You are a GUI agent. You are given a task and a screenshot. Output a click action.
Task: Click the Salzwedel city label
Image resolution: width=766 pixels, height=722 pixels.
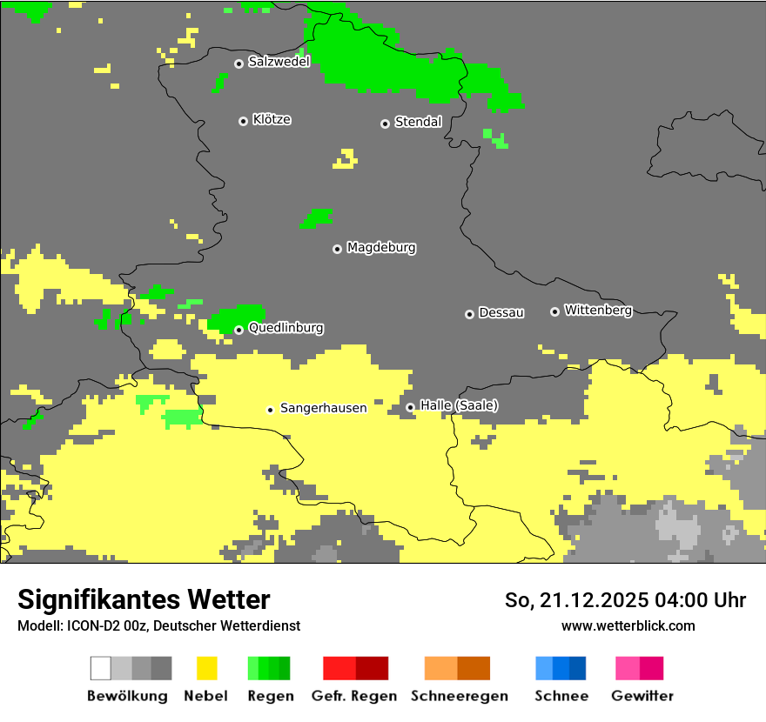click(279, 62)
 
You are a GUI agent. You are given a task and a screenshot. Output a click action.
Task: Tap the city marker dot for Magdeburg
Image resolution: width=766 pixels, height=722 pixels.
click(337, 249)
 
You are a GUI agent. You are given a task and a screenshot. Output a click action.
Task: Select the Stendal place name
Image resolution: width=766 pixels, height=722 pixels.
click(418, 122)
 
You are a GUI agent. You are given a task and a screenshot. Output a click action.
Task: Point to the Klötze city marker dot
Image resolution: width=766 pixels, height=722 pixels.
click(243, 121)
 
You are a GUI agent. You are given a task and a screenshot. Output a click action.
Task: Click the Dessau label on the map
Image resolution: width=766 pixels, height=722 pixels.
click(501, 312)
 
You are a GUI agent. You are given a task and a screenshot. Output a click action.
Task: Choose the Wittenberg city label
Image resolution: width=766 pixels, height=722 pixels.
click(598, 310)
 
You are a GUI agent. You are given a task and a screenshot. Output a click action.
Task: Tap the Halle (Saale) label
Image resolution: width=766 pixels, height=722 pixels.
click(459, 405)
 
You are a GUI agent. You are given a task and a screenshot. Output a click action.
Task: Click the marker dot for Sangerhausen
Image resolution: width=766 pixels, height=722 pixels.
click(271, 410)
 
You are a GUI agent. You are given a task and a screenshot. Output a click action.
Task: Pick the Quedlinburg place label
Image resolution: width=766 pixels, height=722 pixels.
click(286, 328)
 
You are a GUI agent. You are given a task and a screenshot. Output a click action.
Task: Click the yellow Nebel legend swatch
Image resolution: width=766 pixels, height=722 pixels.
click(206, 668)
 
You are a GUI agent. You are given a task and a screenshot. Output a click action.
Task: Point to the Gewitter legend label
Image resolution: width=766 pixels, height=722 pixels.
click(642, 696)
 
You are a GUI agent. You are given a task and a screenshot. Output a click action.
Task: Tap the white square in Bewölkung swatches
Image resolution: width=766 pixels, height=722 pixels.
click(101, 668)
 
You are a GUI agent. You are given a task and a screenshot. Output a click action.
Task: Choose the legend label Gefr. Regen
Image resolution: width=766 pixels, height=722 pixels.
click(354, 696)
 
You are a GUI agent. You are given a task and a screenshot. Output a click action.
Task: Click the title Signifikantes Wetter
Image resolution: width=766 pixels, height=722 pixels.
click(144, 600)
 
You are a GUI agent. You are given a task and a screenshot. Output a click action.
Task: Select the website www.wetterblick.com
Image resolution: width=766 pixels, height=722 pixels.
click(628, 625)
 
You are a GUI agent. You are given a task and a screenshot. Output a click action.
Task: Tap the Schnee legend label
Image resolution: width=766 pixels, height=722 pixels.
click(561, 696)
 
